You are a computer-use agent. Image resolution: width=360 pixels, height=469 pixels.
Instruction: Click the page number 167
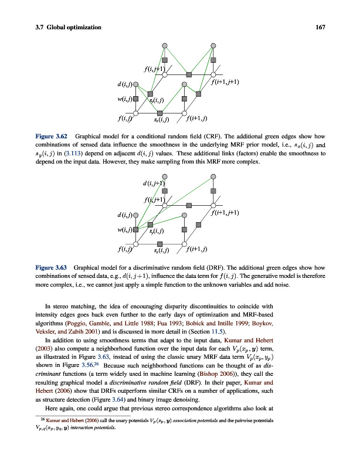pos(320,27)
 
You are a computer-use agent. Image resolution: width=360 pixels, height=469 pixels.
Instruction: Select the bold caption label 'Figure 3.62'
pos(51,136)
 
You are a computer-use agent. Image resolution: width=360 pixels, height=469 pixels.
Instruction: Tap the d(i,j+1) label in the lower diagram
pos(154,185)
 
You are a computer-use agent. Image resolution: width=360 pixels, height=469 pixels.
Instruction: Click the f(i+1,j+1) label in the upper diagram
pos(225,82)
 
